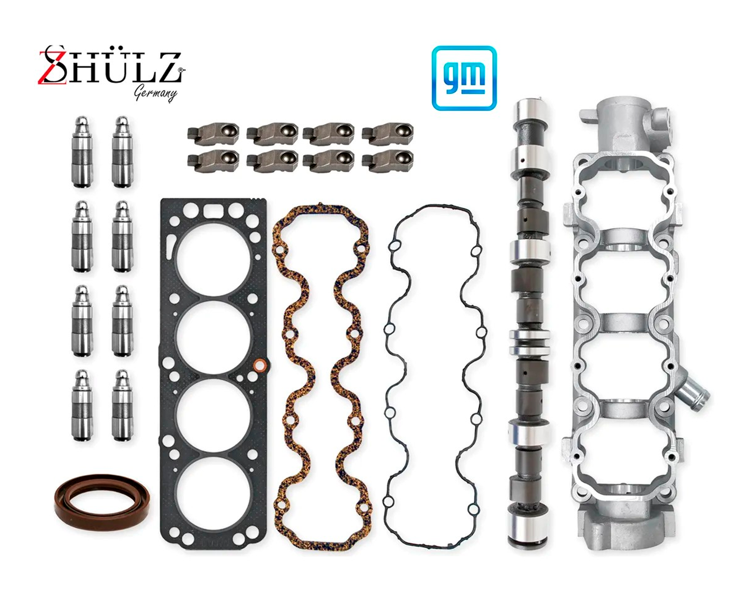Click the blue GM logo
(x=464, y=78)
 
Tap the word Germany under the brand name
(x=155, y=93)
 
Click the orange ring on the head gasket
(x=259, y=366)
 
